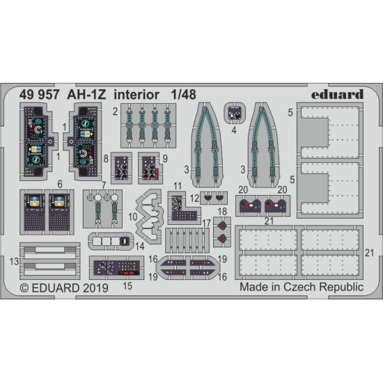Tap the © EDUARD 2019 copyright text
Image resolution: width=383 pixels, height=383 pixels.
(x=63, y=286)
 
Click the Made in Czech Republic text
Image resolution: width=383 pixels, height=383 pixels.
(x=301, y=286)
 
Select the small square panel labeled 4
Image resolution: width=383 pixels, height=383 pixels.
(x=235, y=113)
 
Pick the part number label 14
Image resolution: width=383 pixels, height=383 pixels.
(x=141, y=245)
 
